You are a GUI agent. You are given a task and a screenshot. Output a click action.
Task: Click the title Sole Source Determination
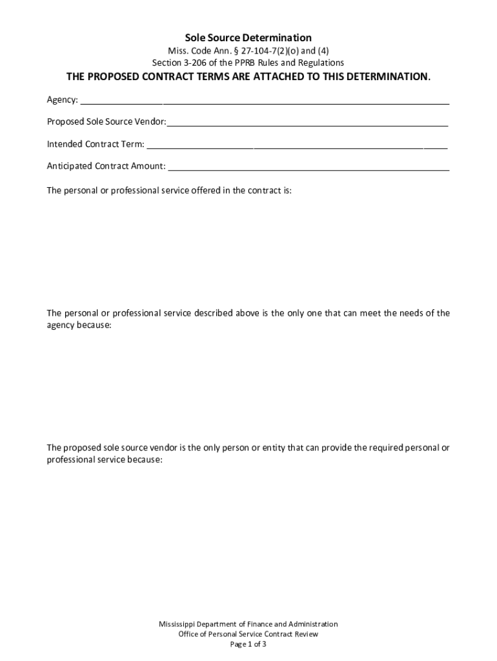(x=249, y=38)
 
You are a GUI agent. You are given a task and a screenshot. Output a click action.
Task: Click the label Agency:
(x=63, y=100)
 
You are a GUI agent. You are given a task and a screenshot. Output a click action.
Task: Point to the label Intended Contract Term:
(x=96, y=144)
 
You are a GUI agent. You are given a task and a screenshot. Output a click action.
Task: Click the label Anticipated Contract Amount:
(x=106, y=166)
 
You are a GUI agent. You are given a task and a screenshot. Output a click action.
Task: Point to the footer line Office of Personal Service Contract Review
(x=249, y=634)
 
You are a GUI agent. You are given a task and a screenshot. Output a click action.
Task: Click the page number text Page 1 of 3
(x=249, y=644)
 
